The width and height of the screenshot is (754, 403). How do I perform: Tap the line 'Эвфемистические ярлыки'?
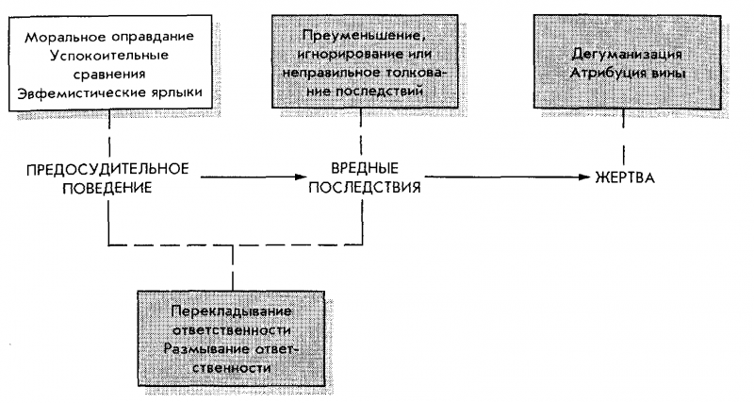coord(109,95)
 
